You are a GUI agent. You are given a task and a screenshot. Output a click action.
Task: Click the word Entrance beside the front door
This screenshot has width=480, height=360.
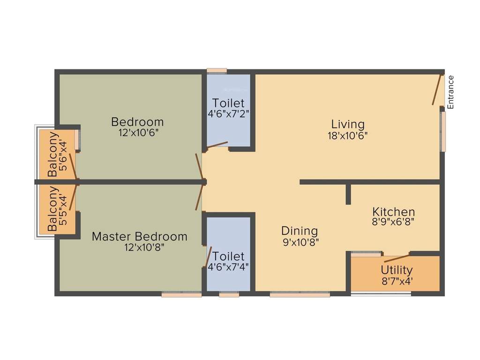tap(450, 92)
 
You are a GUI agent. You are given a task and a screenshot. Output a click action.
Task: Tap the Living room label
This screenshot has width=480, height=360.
tap(347, 124)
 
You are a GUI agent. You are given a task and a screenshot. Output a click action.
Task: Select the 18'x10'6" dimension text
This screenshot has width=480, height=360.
tap(347, 135)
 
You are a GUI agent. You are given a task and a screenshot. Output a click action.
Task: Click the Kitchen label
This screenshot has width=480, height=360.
tap(393, 211)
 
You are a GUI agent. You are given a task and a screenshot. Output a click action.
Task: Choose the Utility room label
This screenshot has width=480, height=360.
tap(397, 270)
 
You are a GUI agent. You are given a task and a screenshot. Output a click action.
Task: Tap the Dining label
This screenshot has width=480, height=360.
tap(300, 231)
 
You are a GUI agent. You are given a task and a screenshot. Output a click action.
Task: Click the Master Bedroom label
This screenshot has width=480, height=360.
tap(139, 236)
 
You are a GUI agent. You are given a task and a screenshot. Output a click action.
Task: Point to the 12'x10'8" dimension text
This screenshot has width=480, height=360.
tap(139, 247)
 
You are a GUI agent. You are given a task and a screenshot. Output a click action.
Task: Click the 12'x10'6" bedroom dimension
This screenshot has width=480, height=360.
tap(137, 133)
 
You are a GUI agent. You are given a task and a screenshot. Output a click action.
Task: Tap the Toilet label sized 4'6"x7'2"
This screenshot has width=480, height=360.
tap(228, 103)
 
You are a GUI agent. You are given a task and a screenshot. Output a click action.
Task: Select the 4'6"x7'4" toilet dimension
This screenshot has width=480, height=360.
tap(228, 267)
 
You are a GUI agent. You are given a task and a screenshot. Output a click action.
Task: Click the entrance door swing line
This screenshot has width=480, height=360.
tap(437, 89)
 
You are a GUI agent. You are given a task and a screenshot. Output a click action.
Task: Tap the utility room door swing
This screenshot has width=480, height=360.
tap(397, 258)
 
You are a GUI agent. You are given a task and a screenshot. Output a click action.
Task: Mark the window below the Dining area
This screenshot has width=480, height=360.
tap(300, 294)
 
